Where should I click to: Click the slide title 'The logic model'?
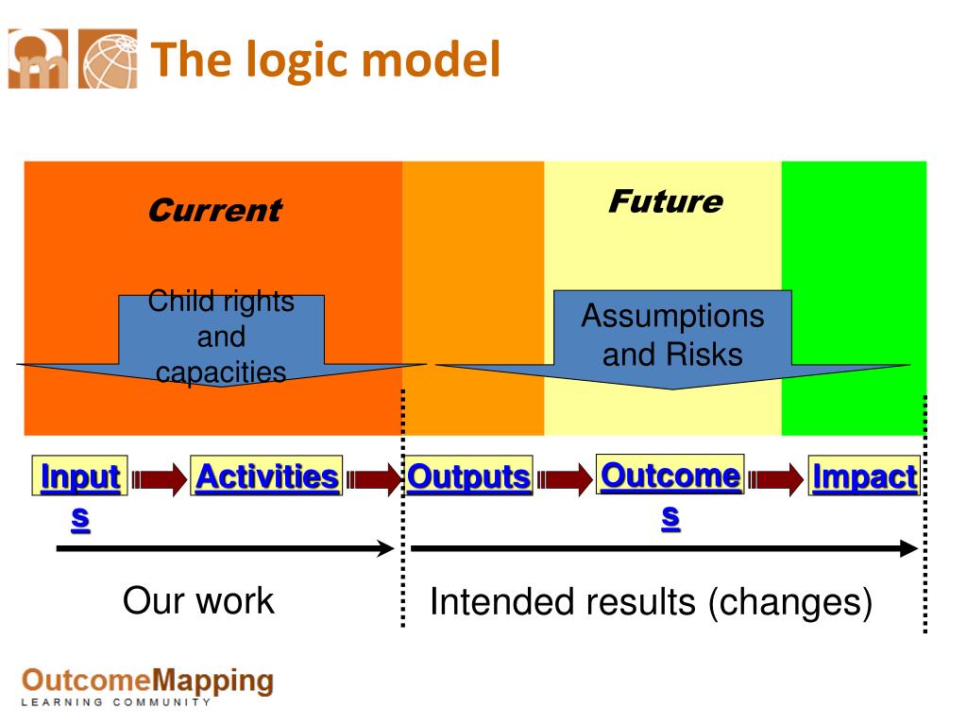point(326,60)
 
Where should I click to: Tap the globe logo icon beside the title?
point(107,59)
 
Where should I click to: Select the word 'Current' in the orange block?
point(214,210)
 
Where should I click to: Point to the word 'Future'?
point(665,201)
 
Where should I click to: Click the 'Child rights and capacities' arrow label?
point(221,337)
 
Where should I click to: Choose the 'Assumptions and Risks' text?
point(672,335)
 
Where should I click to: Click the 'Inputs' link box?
point(80,476)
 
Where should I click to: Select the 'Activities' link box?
point(266,476)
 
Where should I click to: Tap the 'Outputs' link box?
point(468,476)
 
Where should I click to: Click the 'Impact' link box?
point(864,476)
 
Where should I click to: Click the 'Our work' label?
point(198,600)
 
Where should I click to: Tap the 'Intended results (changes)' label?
point(651,602)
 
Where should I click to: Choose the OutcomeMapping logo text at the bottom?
point(147,683)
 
